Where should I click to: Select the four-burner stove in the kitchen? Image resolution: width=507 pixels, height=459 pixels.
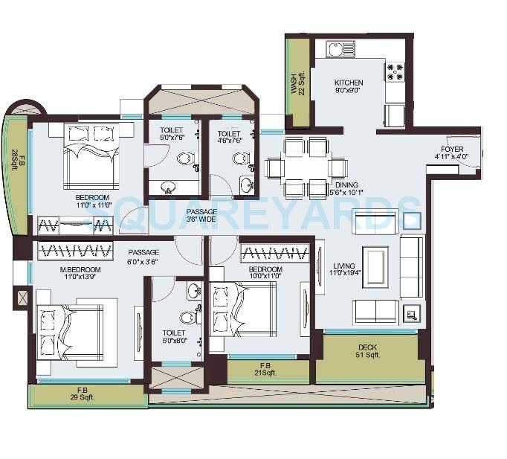pyautogui.click(x=393, y=71)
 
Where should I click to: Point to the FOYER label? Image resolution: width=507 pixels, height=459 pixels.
pyautogui.click(x=451, y=153)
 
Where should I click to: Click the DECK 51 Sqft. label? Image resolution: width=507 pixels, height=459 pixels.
pyautogui.click(x=368, y=351)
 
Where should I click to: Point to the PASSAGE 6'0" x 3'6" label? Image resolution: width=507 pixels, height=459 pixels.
pyautogui.click(x=143, y=257)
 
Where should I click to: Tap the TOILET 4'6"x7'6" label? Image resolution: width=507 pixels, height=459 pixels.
pyautogui.click(x=230, y=138)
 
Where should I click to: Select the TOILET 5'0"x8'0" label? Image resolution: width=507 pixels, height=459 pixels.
pyautogui.click(x=174, y=337)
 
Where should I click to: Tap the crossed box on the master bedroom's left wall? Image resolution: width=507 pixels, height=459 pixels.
pyautogui.click(x=21, y=299)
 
